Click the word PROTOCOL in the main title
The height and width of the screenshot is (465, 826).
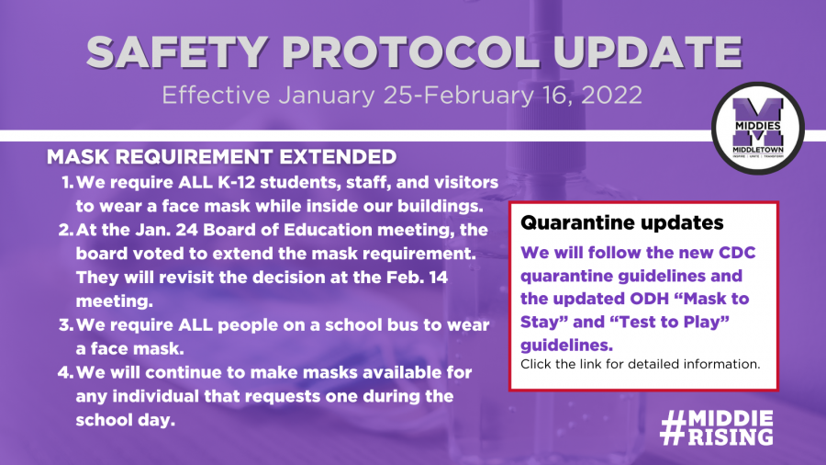tap(411, 52)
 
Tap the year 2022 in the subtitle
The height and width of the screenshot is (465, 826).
tap(611, 96)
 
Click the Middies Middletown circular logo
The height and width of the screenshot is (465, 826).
tap(757, 128)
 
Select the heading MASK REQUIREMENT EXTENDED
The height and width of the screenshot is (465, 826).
tap(221, 156)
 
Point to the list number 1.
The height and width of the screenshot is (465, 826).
tap(67, 182)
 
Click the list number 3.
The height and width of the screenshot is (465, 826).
tap(66, 324)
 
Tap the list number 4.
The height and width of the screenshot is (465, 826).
tap(66, 372)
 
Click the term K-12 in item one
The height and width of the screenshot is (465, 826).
tap(237, 182)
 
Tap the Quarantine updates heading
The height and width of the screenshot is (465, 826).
tap(622, 222)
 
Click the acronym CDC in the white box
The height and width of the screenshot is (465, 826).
tap(737, 253)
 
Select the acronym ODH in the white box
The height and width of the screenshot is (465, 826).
tap(649, 299)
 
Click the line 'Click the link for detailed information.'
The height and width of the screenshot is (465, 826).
tap(640, 364)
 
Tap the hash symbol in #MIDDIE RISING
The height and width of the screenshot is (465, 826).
tap(674, 427)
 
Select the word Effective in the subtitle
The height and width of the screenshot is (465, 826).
tap(216, 96)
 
